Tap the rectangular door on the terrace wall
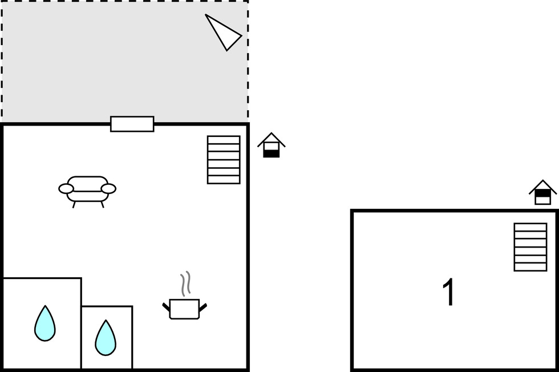(132, 124)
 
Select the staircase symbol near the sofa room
(224, 160)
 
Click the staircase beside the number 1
(530, 247)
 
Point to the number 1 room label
(449, 292)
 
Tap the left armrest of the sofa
(66, 189)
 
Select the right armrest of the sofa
(108, 189)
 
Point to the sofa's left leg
(74, 205)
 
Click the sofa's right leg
(102, 205)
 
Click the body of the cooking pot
(184, 309)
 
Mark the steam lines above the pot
(185, 284)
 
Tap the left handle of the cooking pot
(166, 307)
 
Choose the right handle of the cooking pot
(203, 307)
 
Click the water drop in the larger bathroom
(45, 324)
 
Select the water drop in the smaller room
(106, 338)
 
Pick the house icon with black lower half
(272, 145)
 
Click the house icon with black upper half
(542, 192)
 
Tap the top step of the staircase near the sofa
(224, 140)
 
